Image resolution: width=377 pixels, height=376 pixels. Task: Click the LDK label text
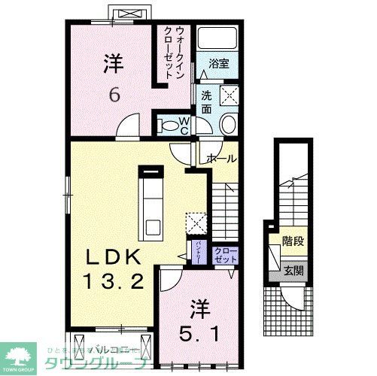click(x=111, y=256)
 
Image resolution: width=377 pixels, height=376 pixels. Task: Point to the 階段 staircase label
click(x=292, y=243)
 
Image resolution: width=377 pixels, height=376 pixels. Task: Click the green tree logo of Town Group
click(x=22, y=354)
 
